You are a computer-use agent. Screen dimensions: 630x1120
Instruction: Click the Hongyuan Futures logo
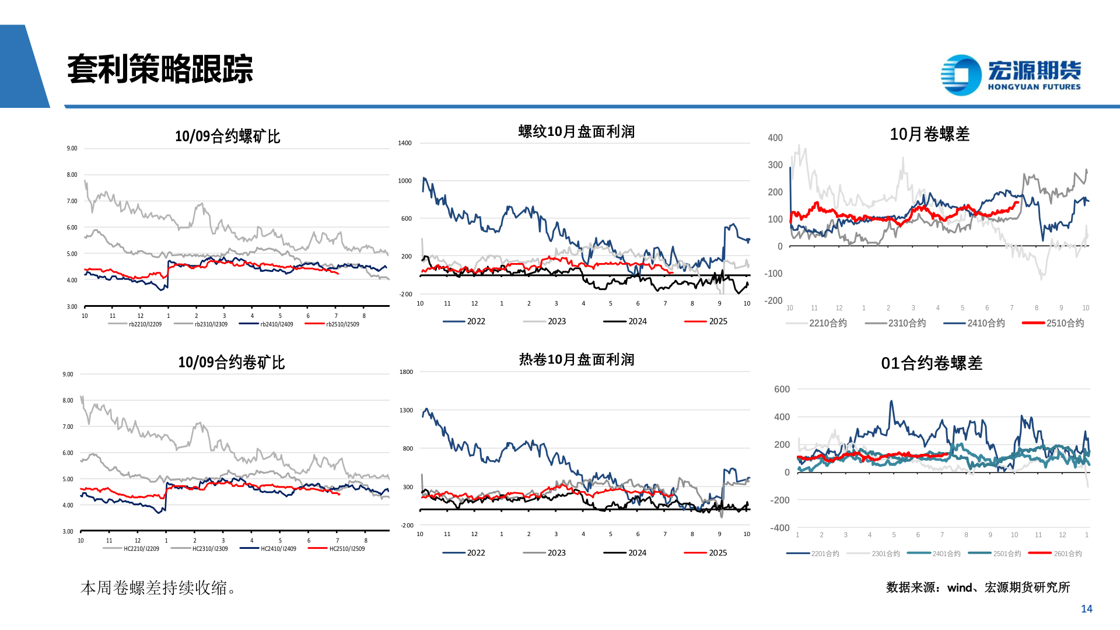point(1010,75)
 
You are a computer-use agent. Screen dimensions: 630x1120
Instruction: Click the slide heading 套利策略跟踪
point(160,69)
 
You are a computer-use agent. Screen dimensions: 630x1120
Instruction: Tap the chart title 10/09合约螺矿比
point(228,136)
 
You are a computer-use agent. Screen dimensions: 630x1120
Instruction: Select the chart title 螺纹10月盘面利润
point(576,132)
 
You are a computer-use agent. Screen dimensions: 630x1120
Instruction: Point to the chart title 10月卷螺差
point(929,134)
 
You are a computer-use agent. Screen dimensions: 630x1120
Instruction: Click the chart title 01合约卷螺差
point(932,363)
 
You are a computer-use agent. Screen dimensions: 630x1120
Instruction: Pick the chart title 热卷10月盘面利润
point(576,360)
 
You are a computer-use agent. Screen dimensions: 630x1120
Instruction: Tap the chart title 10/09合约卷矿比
point(231,363)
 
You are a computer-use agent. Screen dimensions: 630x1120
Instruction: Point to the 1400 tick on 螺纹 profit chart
point(405,143)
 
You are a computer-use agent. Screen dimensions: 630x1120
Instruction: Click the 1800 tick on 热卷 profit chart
point(406,372)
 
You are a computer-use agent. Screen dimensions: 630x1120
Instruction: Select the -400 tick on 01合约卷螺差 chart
point(780,528)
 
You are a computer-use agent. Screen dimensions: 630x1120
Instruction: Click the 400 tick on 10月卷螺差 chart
point(775,138)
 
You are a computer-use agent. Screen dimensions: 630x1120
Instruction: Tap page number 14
point(1086,609)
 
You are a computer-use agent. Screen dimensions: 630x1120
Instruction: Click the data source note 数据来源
point(978,587)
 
